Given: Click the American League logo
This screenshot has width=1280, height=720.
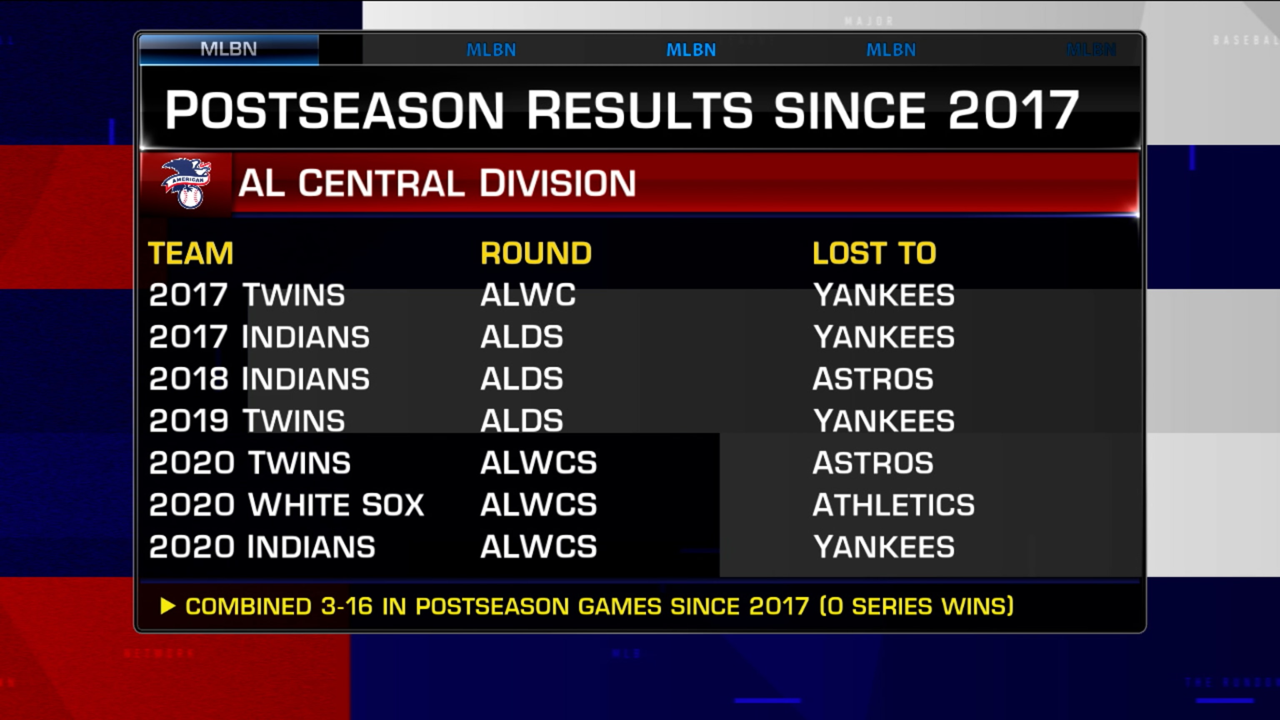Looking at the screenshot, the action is [186, 183].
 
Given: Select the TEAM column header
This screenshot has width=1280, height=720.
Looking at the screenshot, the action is [191, 253].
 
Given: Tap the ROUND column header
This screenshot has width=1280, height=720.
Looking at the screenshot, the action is [536, 253].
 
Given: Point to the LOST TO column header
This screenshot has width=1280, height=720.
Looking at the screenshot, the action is [875, 253].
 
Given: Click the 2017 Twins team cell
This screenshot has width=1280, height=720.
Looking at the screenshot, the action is [247, 295].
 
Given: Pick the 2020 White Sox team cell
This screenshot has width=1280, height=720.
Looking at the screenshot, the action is [287, 505].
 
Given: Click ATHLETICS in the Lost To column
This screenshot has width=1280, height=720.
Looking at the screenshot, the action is [893, 505].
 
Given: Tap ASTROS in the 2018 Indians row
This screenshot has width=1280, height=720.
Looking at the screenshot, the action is [873, 379].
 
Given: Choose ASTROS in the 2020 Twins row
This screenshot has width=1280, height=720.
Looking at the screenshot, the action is [873, 462].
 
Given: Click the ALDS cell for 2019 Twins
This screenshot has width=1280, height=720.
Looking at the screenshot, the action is [522, 421].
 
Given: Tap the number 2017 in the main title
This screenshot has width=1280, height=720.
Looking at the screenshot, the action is [1014, 110].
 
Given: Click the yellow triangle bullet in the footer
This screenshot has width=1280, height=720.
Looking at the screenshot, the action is [168, 606].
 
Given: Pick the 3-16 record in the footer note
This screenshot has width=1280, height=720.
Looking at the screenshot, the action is [347, 606].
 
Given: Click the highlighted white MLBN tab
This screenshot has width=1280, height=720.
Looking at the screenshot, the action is [229, 49].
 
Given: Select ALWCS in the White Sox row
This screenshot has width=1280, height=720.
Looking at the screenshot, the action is [539, 505].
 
